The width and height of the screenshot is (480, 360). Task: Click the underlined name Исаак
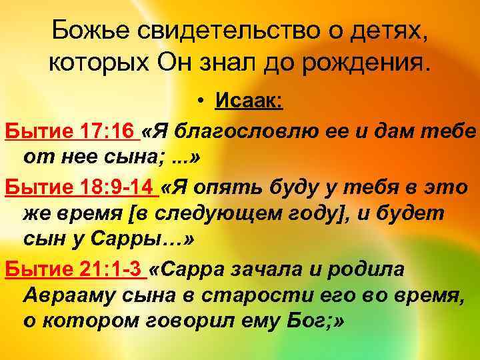[x=249, y=102]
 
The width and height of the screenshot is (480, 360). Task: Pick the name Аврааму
[x=65, y=297]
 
